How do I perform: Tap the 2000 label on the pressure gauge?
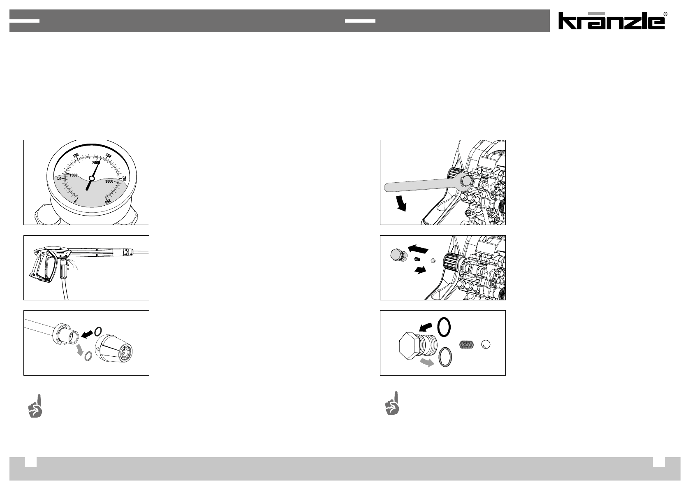click(x=96, y=163)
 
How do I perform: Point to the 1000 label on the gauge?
click(x=74, y=175)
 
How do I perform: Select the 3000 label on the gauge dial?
click(x=109, y=181)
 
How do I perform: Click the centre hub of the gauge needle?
click(x=91, y=178)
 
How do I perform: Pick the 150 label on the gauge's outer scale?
click(x=108, y=156)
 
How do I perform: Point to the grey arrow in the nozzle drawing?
click(x=80, y=350)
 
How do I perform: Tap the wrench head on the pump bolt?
click(x=464, y=182)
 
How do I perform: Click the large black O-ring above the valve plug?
click(x=444, y=327)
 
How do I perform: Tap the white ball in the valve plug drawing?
click(x=486, y=344)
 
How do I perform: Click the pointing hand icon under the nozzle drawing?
click(x=35, y=406)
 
